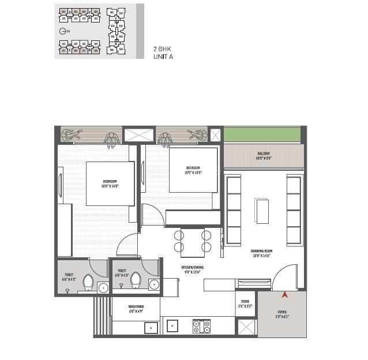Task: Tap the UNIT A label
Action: tap(163, 57)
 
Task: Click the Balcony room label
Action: tap(264, 156)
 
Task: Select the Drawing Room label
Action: tap(261, 253)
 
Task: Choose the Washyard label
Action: tap(136, 309)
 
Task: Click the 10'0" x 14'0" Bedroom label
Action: tap(110, 183)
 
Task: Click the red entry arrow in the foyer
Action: tap(284, 295)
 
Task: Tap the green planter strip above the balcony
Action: tap(262, 134)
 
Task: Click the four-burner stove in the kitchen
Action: tap(201, 326)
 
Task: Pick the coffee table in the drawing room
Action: tap(262, 211)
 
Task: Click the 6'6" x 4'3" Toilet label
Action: tap(69, 277)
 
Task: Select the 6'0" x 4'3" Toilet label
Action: tap(122, 273)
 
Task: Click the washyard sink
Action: tap(151, 327)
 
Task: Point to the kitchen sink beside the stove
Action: tap(173, 326)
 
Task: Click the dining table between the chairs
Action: tap(192, 242)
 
